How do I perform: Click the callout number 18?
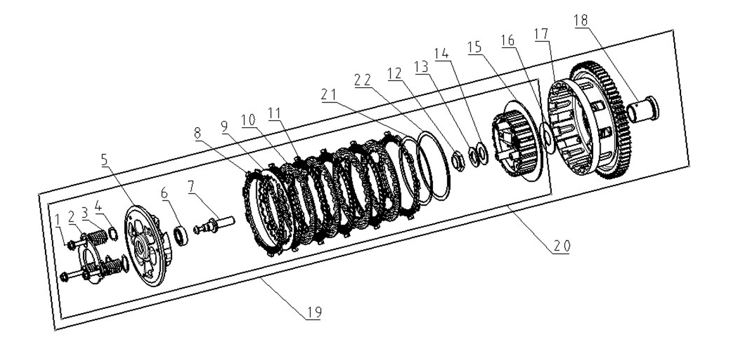click(580, 21)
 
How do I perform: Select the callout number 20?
click(561, 245)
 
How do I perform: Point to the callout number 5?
click(104, 159)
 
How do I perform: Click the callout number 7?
click(191, 187)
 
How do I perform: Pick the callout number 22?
click(362, 80)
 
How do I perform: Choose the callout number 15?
click(474, 47)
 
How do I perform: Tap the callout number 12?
click(394, 73)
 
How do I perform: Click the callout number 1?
click(58, 220)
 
